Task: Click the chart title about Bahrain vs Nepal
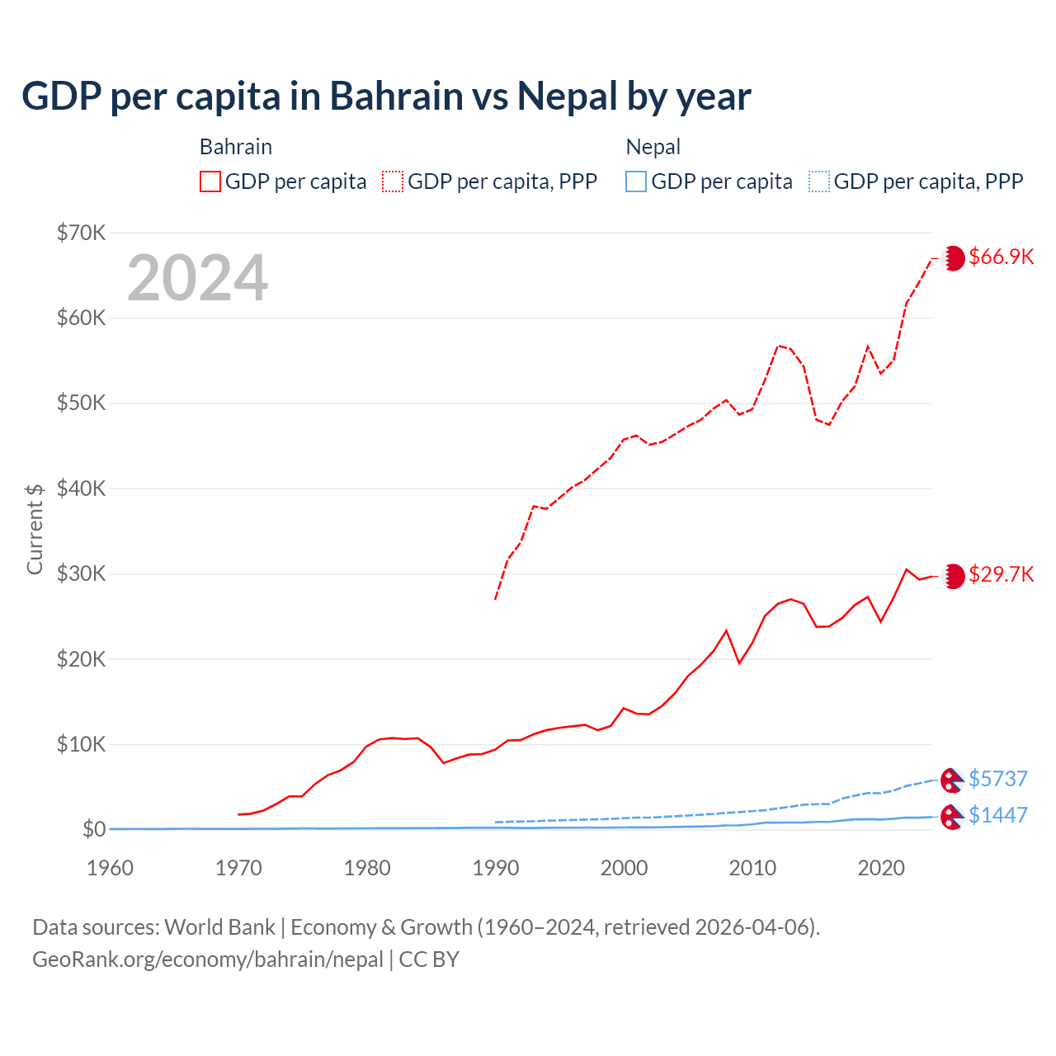(386, 97)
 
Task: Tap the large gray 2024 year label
(198, 278)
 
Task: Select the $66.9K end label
(1001, 257)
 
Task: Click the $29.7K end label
(1001, 574)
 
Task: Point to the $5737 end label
(997, 779)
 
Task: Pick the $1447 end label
(997, 815)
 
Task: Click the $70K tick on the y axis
(81, 233)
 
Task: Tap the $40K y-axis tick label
(81, 488)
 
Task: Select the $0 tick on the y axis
(94, 829)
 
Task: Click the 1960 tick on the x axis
(111, 868)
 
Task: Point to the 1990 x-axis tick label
(496, 868)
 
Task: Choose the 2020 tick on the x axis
(881, 868)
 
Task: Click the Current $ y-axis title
(35, 529)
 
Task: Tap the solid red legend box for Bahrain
(210, 181)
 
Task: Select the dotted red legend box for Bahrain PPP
(393, 181)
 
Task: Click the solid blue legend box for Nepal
(636, 181)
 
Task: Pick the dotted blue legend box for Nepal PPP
(819, 181)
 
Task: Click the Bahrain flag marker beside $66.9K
(954, 258)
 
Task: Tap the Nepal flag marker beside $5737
(953, 780)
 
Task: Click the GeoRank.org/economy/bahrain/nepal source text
(207, 959)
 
